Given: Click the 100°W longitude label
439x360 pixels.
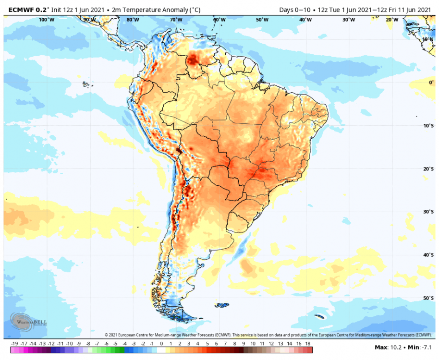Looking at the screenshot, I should pos(46,20).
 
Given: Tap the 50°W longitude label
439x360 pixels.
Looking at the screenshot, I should pos(262,20).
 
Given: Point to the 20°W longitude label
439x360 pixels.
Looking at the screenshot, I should pos(391,20).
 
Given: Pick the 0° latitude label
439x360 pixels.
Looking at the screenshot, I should pos(431,83).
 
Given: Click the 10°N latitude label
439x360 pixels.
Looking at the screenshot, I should pos(428,39).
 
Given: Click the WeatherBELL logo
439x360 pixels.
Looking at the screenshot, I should pos(23,321).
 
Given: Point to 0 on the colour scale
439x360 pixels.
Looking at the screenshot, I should pos(161,344).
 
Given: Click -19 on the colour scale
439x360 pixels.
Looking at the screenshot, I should pos(14,344).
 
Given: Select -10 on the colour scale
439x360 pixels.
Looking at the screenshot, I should pos(70,344).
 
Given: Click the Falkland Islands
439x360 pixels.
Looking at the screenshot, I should pos(222,305).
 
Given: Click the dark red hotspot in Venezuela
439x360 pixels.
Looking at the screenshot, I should pos(195,59).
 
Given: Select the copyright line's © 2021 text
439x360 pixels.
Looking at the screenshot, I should pos(112,335).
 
